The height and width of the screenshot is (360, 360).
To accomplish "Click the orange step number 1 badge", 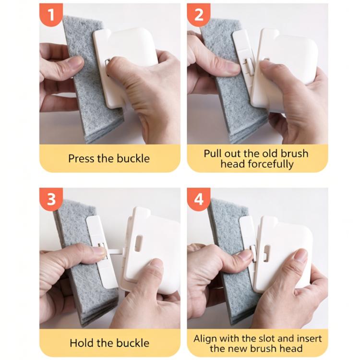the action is (51, 15).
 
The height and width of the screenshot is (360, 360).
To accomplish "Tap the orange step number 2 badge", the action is (199, 15).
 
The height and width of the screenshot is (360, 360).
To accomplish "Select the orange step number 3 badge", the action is (51, 199).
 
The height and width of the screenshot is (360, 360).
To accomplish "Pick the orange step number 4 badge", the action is (199, 199).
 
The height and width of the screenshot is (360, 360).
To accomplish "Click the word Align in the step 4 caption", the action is (205, 339).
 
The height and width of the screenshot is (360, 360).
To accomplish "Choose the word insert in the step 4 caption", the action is (309, 339).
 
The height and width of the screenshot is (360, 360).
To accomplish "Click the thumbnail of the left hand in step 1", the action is (76, 61).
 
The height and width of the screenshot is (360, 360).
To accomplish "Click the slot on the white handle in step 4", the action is (266, 253).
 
